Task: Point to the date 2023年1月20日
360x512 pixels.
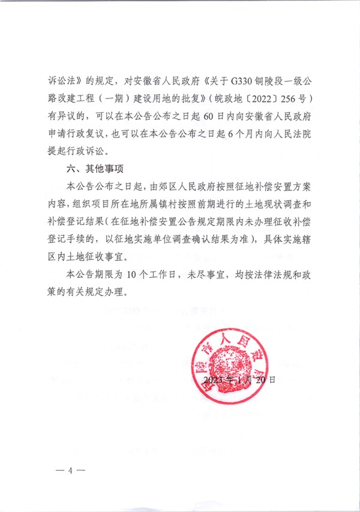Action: (x=239, y=380)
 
